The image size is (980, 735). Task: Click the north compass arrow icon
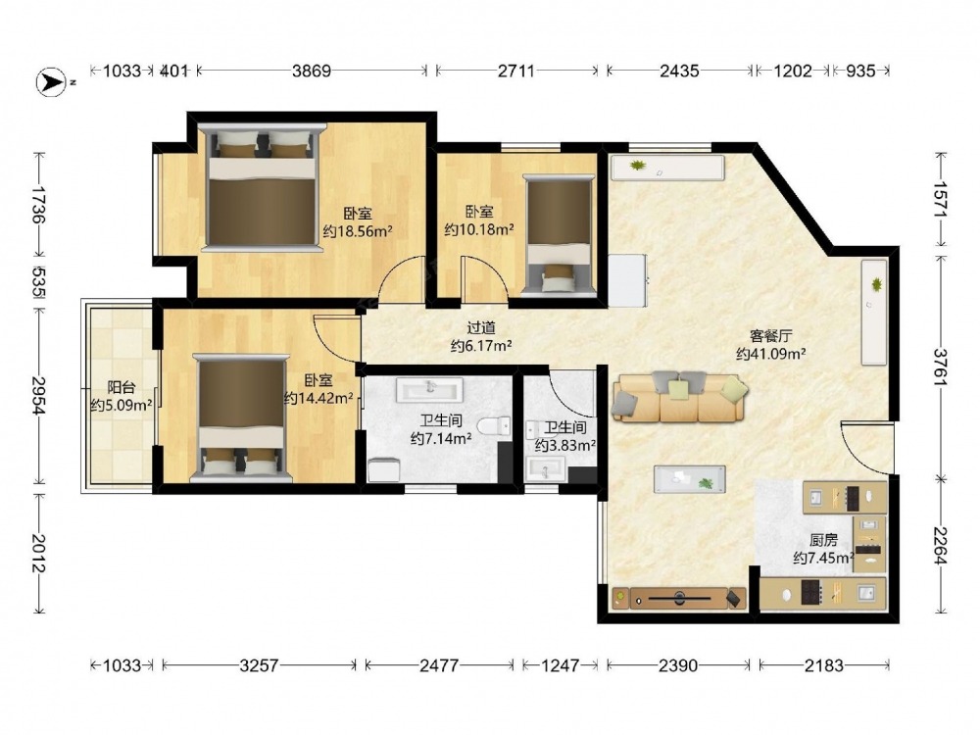(x=51, y=82)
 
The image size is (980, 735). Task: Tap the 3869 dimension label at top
(x=312, y=71)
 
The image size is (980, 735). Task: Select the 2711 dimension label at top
(x=516, y=71)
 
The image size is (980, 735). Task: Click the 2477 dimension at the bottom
(x=439, y=665)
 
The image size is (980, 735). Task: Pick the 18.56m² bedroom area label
(x=358, y=231)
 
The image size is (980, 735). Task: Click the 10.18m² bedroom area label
(x=479, y=229)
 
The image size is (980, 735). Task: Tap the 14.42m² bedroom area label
(x=318, y=398)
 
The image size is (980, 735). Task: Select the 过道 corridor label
(x=481, y=327)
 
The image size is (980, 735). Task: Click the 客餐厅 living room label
(x=770, y=335)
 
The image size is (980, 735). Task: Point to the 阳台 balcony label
(x=122, y=387)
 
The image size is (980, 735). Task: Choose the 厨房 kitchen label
(x=823, y=539)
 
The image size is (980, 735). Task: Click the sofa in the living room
(x=679, y=397)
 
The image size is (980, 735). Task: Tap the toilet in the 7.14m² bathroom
(x=494, y=426)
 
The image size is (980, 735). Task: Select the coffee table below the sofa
(x=690, y=479)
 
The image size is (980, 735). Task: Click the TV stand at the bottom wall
(x=679, y=598)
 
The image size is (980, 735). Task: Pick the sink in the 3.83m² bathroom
(x=546, y=468)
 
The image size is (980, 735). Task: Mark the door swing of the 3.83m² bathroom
(x=571, y=394)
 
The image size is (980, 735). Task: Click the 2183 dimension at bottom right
(x=824, y=665)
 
